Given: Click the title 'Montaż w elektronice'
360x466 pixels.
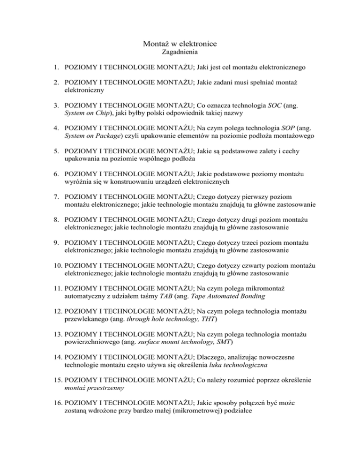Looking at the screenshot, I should pyautogui.click(x=180, y=44).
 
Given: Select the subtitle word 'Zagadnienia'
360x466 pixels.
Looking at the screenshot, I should pyautogui.click(x=180, y=53).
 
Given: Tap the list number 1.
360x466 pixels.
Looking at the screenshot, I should pyautogui.click(x=56, y=68).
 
